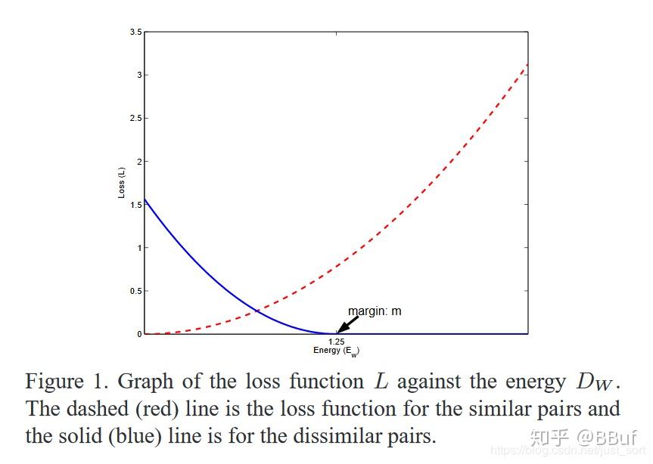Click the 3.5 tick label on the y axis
[135, 32]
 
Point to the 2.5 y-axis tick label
[135, 119]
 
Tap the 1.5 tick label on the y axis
[135, 205]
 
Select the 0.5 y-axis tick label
[135, 291]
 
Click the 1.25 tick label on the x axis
[336, 342]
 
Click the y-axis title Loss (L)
[121, 183]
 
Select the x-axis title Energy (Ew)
[336, 351]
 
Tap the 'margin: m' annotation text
[374, 311]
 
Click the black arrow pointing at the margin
[348, 323]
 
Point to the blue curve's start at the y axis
[145, 200]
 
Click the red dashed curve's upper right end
[527, 63]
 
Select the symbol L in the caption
[381, 382]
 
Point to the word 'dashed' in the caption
[108, 410]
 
